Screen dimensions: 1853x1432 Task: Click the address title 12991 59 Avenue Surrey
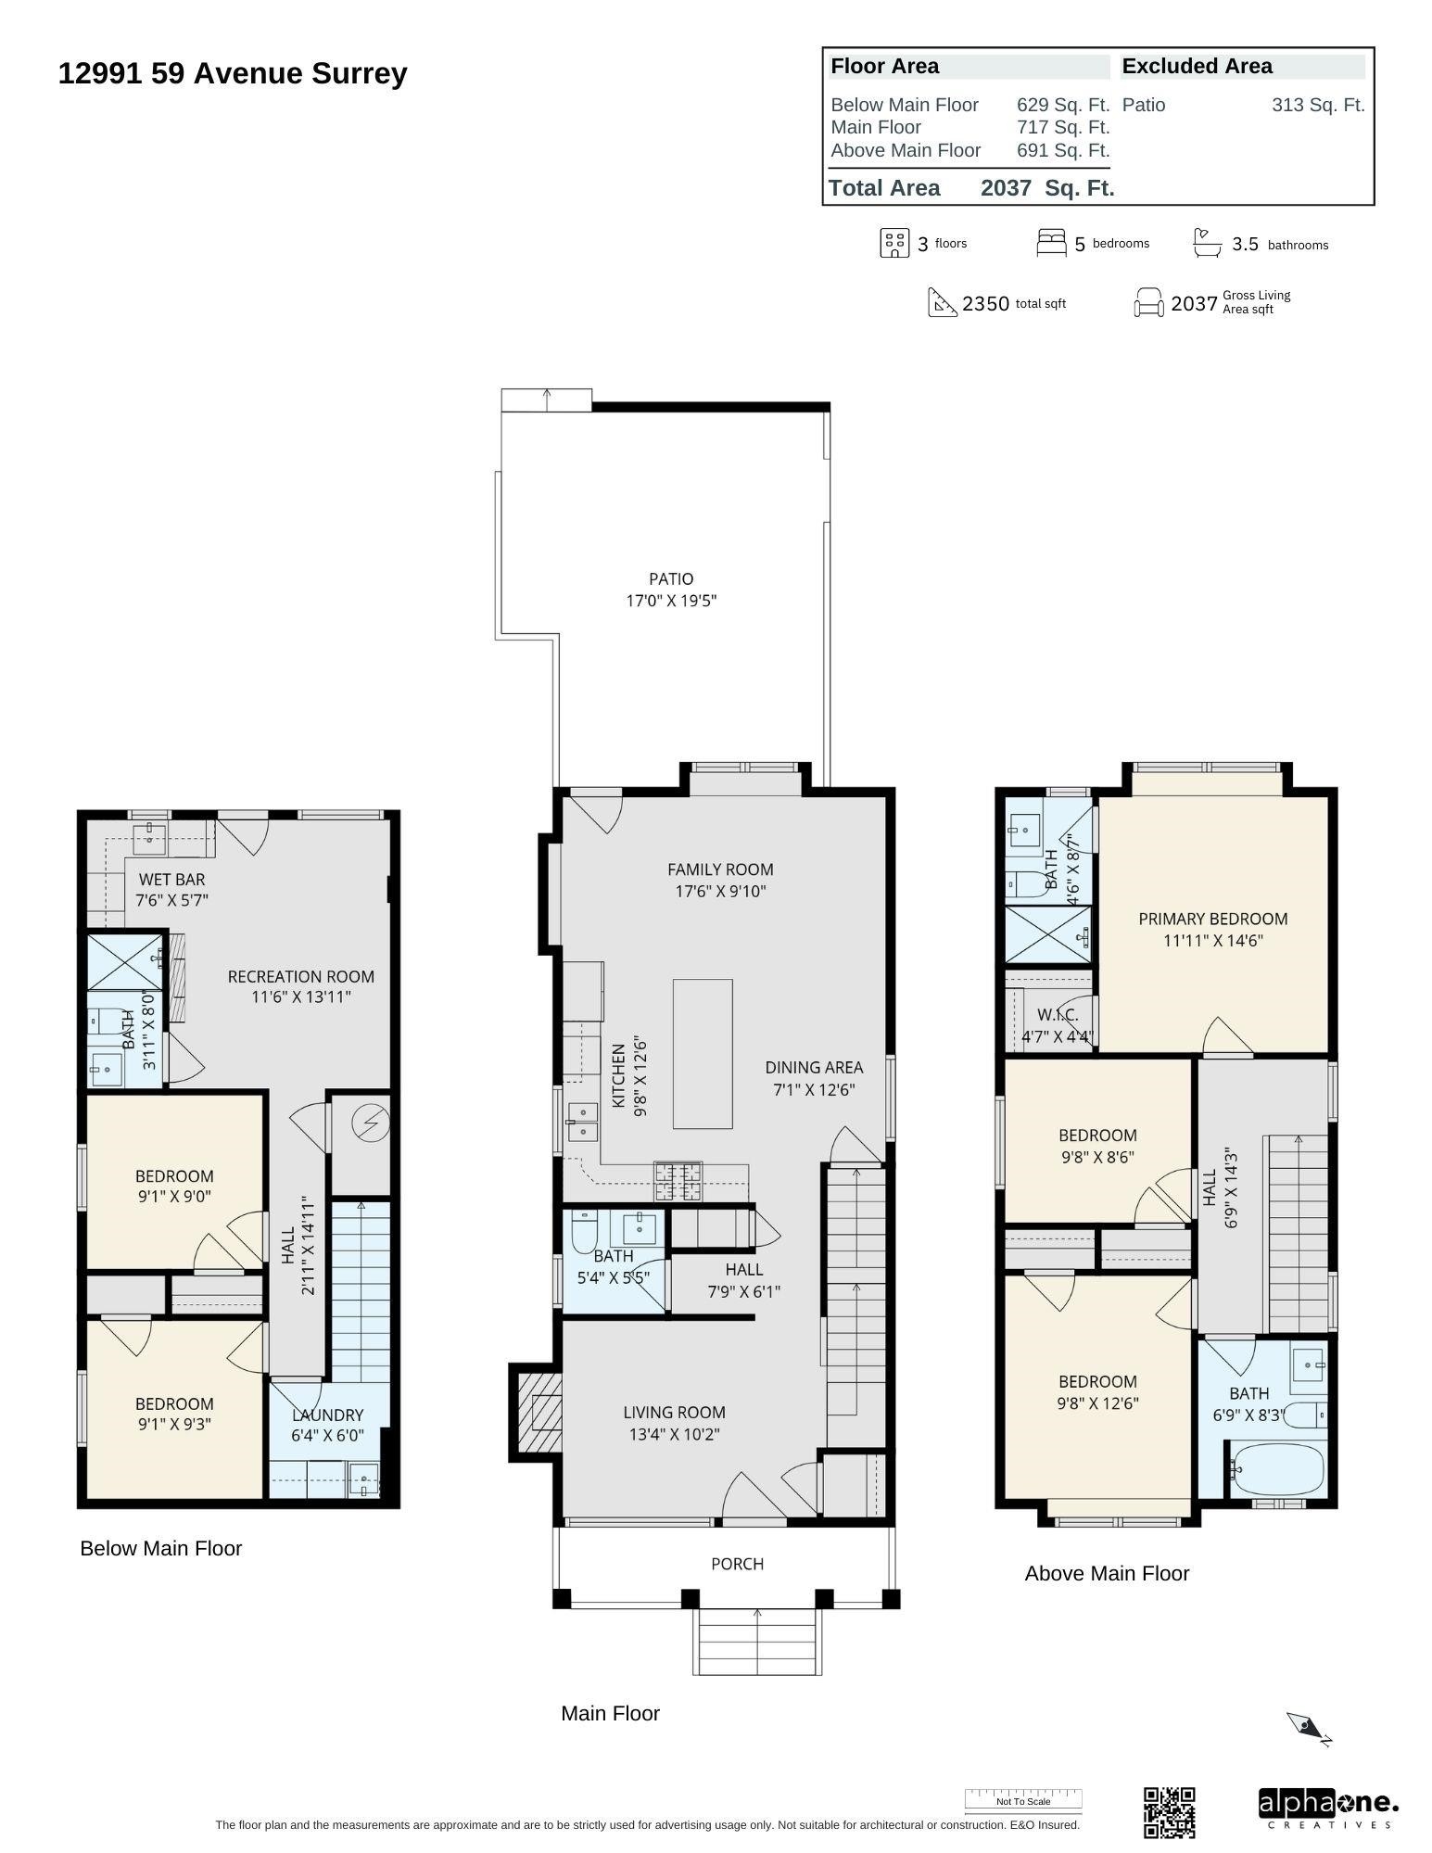[233, 74]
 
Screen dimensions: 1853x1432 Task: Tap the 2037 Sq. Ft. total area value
[1046, 188]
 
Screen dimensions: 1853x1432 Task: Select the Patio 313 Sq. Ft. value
[1317, 106]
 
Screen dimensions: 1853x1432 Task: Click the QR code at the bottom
[1169, 1812]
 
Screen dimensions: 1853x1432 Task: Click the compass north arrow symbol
[1308, 1727]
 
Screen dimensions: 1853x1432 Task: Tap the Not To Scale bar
[1023, 1800]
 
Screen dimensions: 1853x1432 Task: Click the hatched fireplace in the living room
[539, 1411]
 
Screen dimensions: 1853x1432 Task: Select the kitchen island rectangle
[702, 1053]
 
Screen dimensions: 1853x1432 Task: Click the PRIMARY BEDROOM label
[1212, 919]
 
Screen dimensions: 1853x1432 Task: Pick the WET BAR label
[171, 879]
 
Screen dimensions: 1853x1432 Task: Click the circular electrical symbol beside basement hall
[370, 1123]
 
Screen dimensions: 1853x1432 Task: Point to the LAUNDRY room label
[327, 1415]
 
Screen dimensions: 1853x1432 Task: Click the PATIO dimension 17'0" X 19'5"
[671, 601]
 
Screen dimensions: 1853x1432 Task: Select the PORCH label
[737, 1564]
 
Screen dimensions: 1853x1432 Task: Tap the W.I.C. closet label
[1057, 1015]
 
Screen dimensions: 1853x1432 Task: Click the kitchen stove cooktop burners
[678, 1181]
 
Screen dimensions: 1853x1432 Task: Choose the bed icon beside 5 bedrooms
[1051, 243]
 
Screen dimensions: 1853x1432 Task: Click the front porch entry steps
[757, 1642]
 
